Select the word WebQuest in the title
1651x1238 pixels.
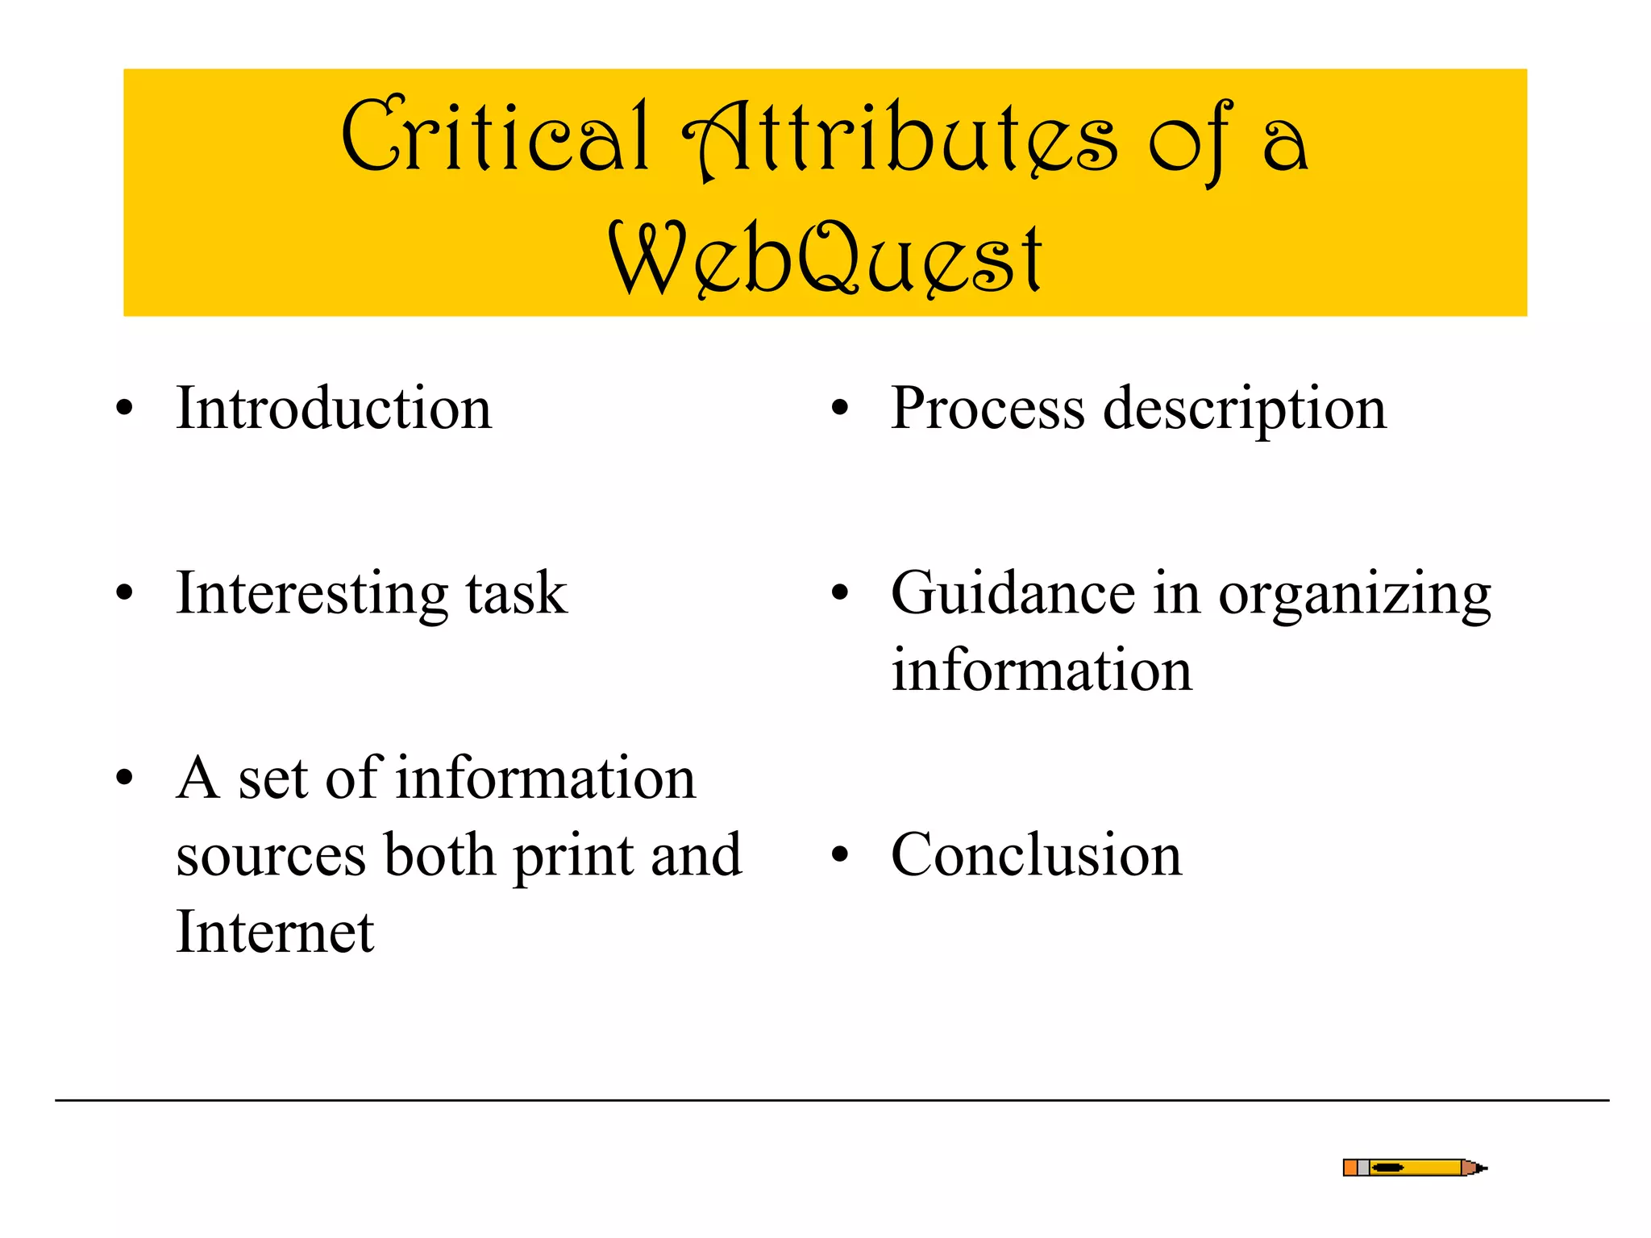(x=825, y=258)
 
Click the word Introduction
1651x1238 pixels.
(x=334, y=409)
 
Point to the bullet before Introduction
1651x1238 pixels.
(x=124, y=409)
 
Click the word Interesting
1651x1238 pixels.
(x=311, y=595)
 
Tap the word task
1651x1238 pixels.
(x=517, y=595)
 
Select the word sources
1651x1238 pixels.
(x=271, y=856)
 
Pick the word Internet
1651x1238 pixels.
(x=275, y=932)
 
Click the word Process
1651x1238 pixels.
(x=988, y=409)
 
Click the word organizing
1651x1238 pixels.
(x=1354, y=597)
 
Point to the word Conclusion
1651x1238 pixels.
(x=1036, y=855)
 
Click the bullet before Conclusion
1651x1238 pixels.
(x=840, y=855)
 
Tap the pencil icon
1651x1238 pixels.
(x=1414, y=1167)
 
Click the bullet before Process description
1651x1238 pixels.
(x=840, y=409)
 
